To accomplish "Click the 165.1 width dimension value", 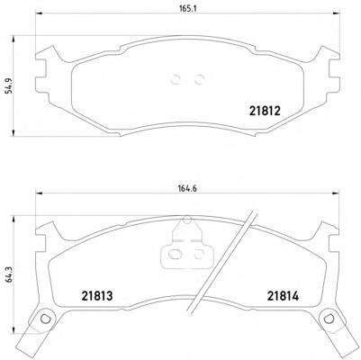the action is coord(187,8).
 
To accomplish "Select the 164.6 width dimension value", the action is coord(187,188).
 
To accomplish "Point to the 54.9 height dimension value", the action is coord(9,86).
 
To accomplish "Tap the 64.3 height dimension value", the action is coord(9,274).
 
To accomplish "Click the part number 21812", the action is coord(265,112).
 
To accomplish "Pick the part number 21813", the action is coord(97,296).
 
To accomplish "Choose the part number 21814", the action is coord(284,296).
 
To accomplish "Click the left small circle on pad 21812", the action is coord(176,79).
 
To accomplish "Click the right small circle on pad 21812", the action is coord(199,79).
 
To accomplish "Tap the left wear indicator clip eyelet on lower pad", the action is coord(44,318).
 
